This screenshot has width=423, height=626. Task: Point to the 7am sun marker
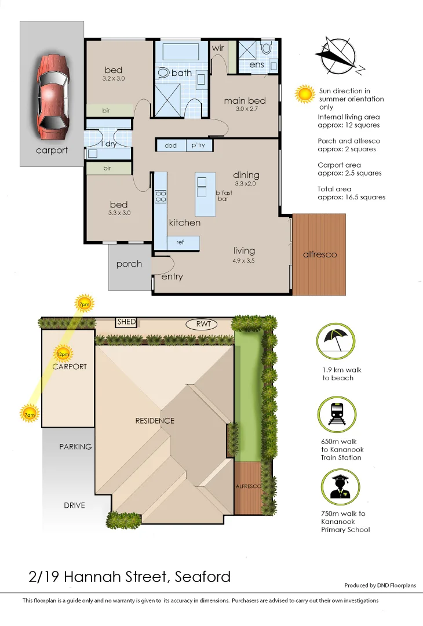pyautogui.click(x=28, y=414)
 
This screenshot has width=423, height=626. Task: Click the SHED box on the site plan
pyautogui.click(x=126, y=322)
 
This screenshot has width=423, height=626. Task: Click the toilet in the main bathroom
pyautogui.click(x=163, y=73)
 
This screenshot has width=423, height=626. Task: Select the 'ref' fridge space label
pyautogui.click(x=180, y=242)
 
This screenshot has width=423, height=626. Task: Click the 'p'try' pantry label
pyautogui.click(x=198, y=145)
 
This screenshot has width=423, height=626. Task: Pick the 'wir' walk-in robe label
pyautogui.click(x=217, y=48)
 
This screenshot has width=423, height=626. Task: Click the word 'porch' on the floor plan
pyautogui.click(x=129, y=264)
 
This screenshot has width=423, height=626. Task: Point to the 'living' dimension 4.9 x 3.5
pyautogui.click(x=244, y=261)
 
